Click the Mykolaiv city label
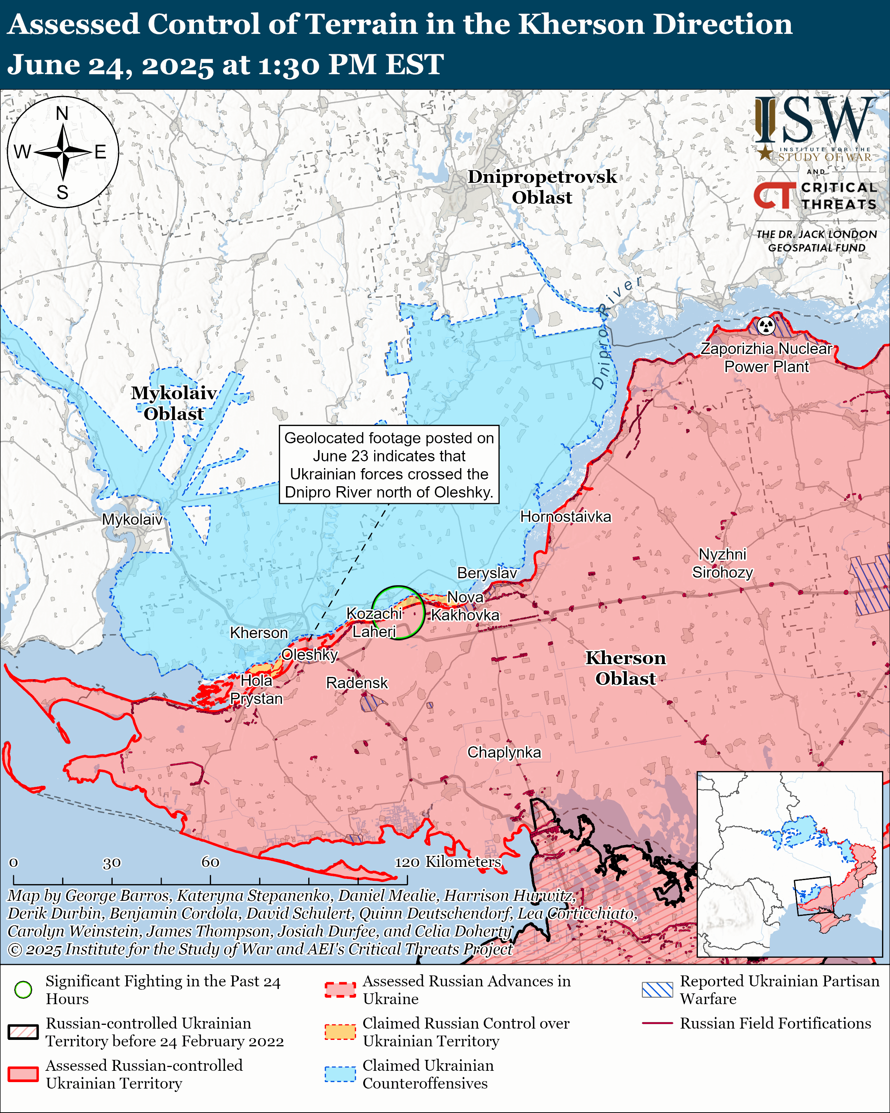click(132, 519)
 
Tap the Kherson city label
click(258, 632)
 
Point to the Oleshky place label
click(310, 655)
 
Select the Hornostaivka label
click(566, 516)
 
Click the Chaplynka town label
click(504, 752)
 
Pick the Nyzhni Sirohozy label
click(722, 563)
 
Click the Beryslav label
click(487, 573)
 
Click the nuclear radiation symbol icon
click(766, 326)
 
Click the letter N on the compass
click(62, 113)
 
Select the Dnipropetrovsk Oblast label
click(542, 186)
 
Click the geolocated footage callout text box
click(389, 465)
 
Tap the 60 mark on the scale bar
click(210, 862)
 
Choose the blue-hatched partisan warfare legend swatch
click(657, 990)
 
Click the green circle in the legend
click(23, 990)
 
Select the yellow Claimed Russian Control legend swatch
click(340, 1032)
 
